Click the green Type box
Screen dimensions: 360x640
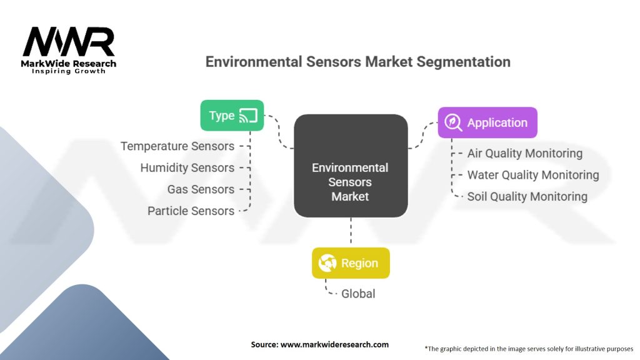pos(231,116)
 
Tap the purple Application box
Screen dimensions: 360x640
pos(487,122)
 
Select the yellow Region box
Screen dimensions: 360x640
pos(351,263)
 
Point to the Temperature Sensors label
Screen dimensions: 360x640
pos(177,146)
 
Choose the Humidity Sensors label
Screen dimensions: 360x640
pos(187,167)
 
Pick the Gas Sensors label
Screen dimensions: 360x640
pos(201,189)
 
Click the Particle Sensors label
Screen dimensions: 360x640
pos(191,211)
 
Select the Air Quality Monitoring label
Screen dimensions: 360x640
pos(524,154)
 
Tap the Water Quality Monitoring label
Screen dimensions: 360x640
pos(532,175)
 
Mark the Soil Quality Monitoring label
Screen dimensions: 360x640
pos(527,197)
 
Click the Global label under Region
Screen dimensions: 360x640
pos(357,293)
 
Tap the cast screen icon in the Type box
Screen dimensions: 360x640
pos(248,116)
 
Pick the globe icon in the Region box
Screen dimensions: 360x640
pos(327,263)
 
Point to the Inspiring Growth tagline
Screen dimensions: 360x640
pos(69,71)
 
